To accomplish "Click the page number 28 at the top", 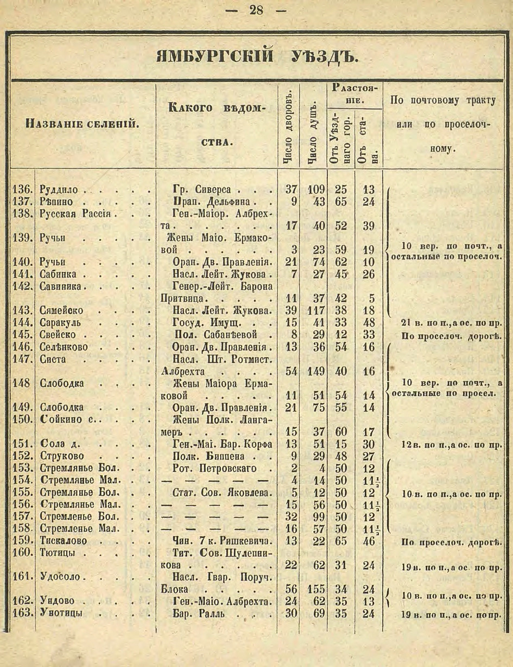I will point(256,11).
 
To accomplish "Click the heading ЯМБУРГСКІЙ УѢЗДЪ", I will point(256,56).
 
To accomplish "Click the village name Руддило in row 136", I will point(59,190).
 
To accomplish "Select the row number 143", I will point(23,310).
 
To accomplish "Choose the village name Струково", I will point(61,456).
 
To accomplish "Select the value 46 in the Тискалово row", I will point(369,541).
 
